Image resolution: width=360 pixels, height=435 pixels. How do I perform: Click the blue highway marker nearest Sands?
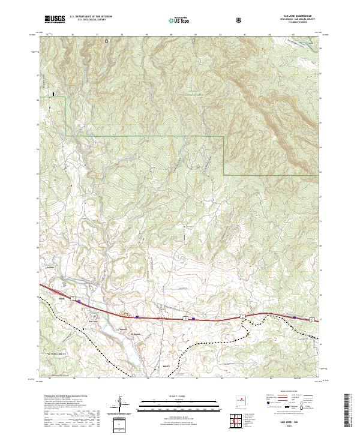point(79,302)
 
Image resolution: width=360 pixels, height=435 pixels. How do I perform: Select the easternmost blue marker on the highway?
point(295,317)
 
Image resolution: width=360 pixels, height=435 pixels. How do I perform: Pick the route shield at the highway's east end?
point(312,319)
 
